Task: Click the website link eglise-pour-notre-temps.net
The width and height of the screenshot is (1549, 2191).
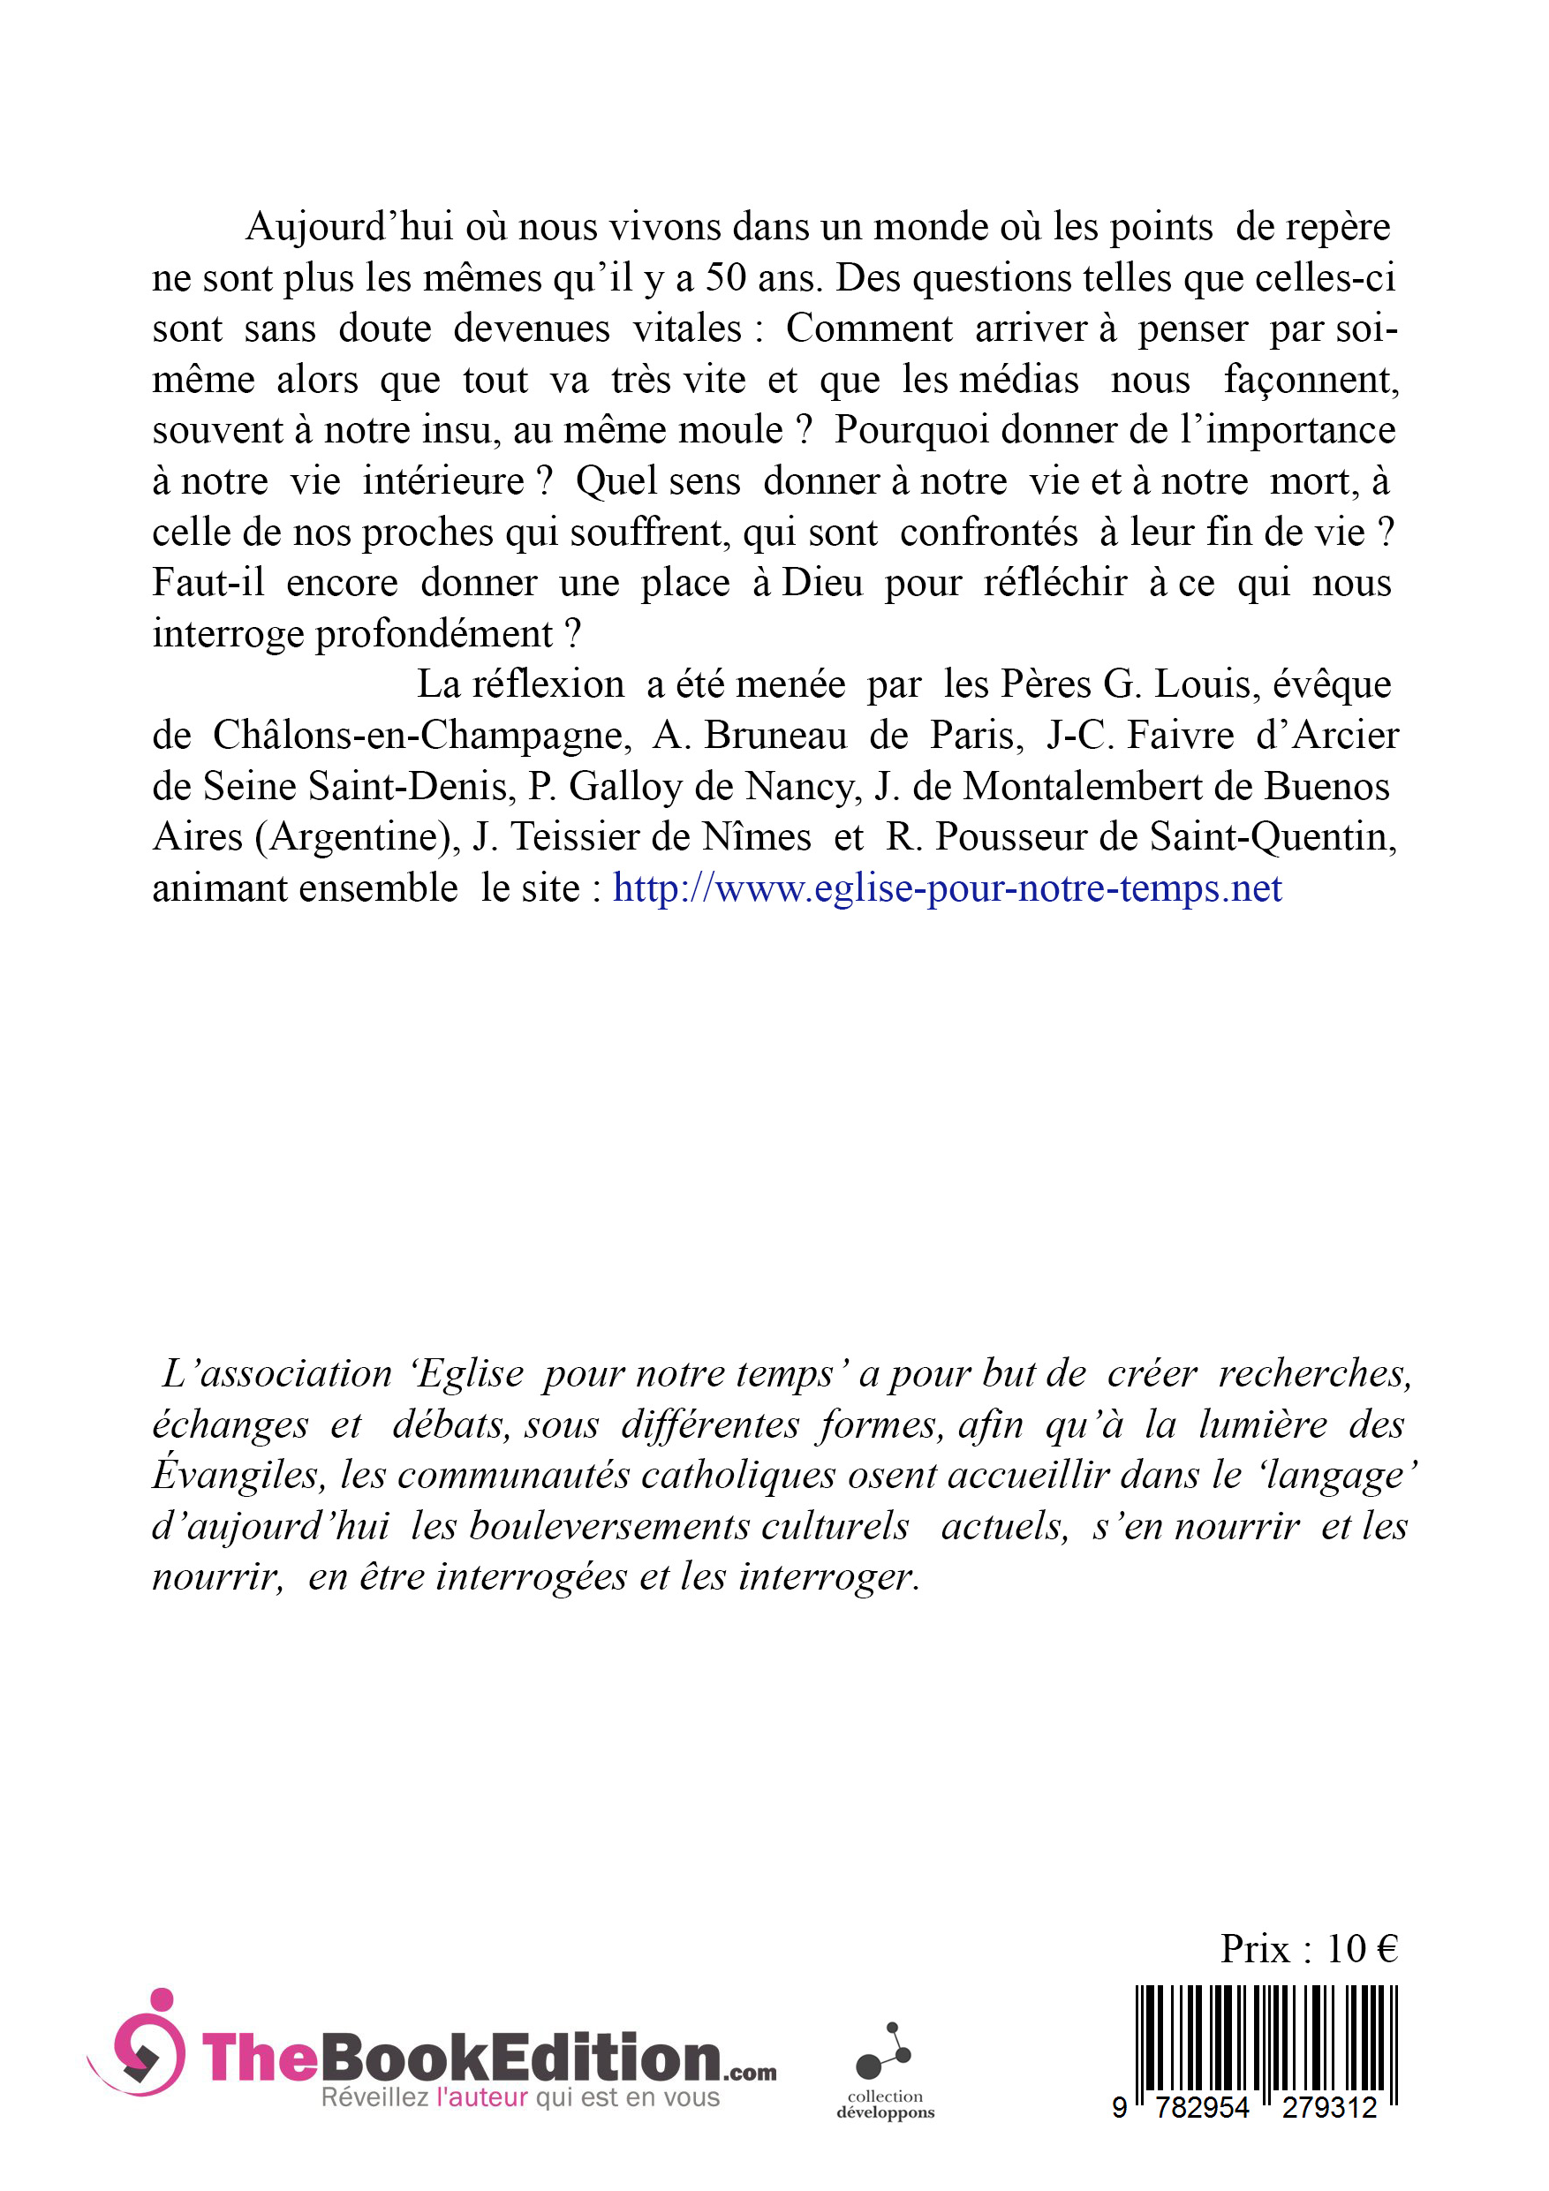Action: click(947, 888)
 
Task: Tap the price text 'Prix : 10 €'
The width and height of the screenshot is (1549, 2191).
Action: click(1309, 1949)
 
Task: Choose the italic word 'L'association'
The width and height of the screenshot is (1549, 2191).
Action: click(276, 1374)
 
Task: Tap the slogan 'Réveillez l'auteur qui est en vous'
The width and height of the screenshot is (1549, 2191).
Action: click(520, 2097)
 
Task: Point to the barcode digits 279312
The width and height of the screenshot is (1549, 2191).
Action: click(1328, 2107)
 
